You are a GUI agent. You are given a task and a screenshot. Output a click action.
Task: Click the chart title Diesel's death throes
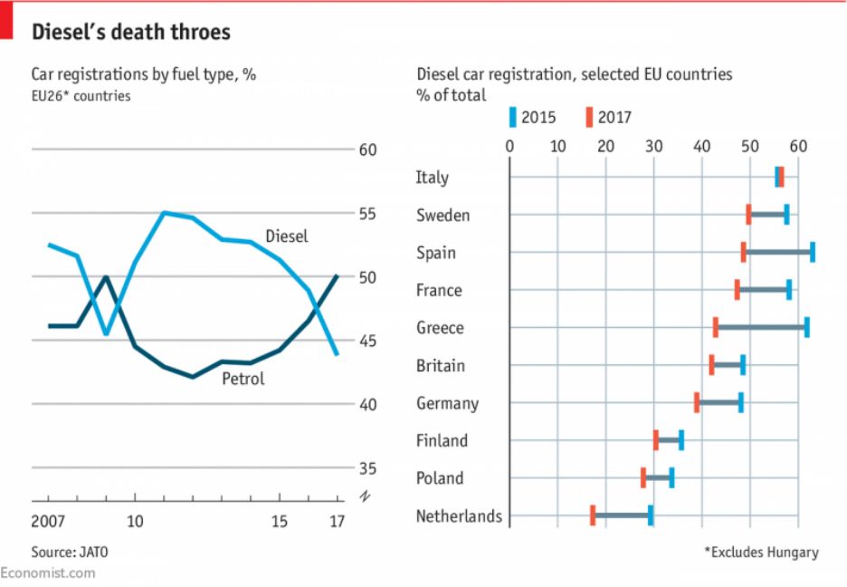pyautogui.click(x=131, y=33)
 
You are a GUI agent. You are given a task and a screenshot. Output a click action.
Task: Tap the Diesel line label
pyautogui.click(x=287, y=236)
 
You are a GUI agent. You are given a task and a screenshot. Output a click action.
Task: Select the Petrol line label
pyautogui.click(x=243, y=379)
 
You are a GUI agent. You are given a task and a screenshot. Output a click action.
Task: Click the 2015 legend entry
pyautogui.click(x=533, y=117)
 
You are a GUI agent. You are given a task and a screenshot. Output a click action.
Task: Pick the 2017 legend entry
pyautogui.click(x=608, y=117)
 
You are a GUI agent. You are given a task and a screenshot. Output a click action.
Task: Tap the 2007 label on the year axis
pyautogui.click(x=49, y=521)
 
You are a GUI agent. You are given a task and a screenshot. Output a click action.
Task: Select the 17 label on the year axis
pyautogui.click(x=336, y=521)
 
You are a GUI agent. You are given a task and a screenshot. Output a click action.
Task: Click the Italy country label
pyautogui.click(x=433, y=178)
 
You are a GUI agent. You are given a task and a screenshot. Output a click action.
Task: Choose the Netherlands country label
pyautogui.click(x=459, y=516)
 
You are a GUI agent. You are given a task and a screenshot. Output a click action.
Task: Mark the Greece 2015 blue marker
pyautogui.click(x=806, y=328)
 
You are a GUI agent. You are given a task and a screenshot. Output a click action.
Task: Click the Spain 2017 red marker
pyautogui.click(x=744, y=252)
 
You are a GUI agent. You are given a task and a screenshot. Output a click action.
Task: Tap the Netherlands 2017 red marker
pyautogui.click(x=593, y=515)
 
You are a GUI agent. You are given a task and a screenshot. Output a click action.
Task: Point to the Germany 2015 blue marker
pyautogui.click(x=740, y=403)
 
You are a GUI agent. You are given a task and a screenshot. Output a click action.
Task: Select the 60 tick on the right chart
pyautogui.click(x=797, y=147)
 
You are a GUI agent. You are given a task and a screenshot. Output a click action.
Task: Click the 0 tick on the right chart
pyautogui.click(x=509, y=147)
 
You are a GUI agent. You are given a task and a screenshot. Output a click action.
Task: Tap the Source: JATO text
pyautogui.click(x=62, y=552)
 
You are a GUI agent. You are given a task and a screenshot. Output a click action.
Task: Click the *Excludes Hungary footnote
pyautogui.click(x=760, y=552)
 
